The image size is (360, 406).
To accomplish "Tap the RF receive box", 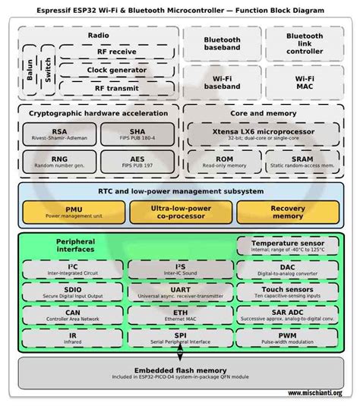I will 116,52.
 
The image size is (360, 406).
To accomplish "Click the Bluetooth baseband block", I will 222,43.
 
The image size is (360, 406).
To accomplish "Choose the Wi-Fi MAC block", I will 305,82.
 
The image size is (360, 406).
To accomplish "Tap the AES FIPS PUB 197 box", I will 137,162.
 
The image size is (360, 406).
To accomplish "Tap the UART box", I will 180,292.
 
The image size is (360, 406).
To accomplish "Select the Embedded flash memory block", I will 180,372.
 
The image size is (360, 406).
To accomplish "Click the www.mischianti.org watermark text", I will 315,393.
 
